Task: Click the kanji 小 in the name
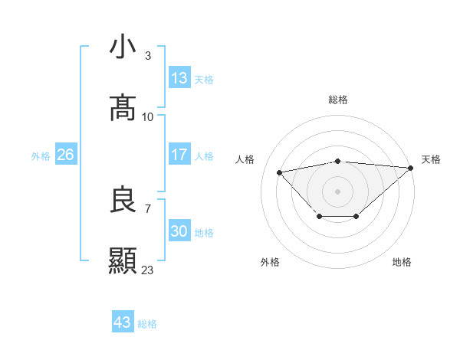tap(123, 47)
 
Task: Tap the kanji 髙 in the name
tap(123, 108)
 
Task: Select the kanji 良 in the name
tap(123, 200)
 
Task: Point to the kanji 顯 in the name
tap(123, 261)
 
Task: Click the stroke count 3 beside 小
tap(147, 55)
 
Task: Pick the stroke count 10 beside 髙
tap(148, 116)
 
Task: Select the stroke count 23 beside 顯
tap(148, 270)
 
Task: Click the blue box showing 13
tap(179, 78)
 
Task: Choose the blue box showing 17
tap(179, 155)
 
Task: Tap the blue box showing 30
tap(179, 231)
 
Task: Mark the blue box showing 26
tap(65, 155)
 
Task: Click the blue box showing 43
tap(123, 322)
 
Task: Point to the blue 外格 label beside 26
tap(41, 156)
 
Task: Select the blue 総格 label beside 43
tap(147, 324)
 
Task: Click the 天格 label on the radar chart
tap(431, 159)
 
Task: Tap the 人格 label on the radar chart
tap(245, 159)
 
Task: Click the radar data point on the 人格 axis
tap(280, 172)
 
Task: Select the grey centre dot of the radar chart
tap(338, 191)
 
